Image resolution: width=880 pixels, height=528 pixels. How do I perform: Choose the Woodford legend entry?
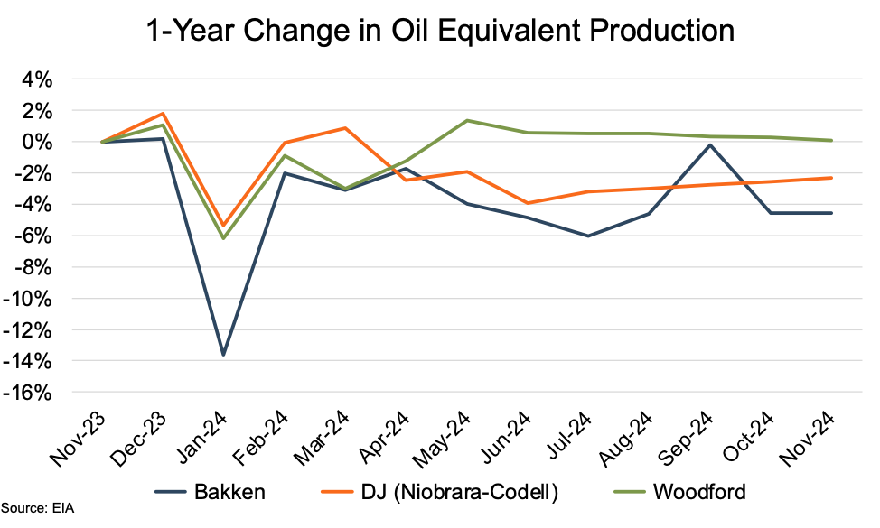click(680, 491)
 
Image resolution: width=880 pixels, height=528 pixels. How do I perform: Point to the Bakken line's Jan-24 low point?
click(223, 355)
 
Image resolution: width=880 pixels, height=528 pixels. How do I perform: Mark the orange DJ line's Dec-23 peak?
click(163, 114)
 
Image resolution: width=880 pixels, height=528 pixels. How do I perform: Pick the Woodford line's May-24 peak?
click(466, 120)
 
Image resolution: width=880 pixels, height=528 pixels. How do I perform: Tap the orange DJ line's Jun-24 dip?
click(527, 203)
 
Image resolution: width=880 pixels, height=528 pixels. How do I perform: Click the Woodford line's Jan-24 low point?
click(223, 238)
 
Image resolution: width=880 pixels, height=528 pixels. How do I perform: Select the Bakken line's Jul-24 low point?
click(588, 236)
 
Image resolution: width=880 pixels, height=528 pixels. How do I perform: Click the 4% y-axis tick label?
click(39, 79)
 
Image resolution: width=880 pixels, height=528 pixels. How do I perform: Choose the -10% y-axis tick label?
click(33, 299)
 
